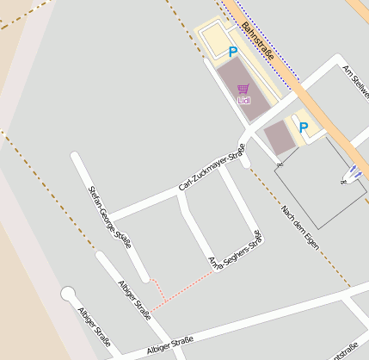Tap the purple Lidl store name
pos(243,101)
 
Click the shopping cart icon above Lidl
pos(243,89)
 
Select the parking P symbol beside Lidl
pos(232,52)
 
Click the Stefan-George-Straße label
pos(110,216)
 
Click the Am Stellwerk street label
pos(354,80)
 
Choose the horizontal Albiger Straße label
pos(169,347)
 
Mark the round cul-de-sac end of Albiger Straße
pos(68,295)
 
